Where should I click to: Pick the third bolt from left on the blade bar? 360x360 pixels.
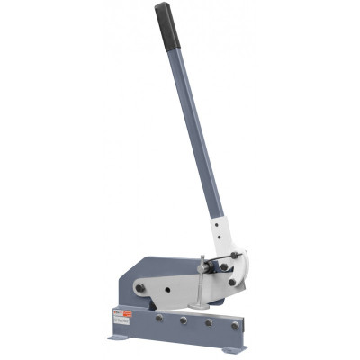click(x=208, y=322)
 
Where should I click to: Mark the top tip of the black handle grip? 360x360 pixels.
click(x=162, y=6)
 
